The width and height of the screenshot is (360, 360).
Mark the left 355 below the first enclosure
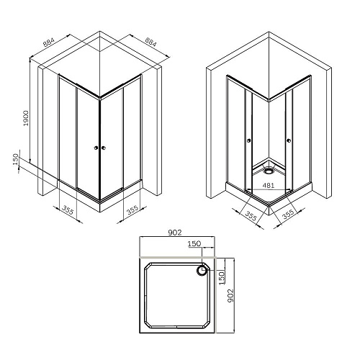tap(67, 210)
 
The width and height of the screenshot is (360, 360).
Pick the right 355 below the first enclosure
tap(132, 210)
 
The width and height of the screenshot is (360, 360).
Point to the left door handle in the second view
tap(249, 141)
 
